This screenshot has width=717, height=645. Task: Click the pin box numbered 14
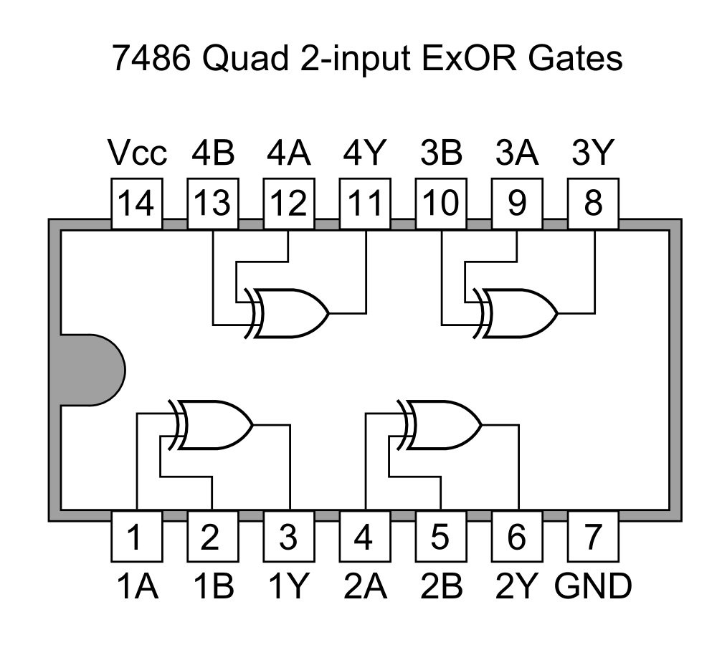coord(136,205)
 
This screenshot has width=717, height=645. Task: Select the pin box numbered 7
coord(592,537)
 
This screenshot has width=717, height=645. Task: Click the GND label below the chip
coord(594,586)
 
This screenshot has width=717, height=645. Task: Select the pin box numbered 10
coord(440,205)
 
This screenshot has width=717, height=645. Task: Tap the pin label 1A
coord(136,586)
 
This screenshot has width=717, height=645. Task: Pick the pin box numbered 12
coord(288,205)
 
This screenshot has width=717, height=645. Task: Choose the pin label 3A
coord(516,153)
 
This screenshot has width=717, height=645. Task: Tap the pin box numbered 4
coord(364,537)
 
